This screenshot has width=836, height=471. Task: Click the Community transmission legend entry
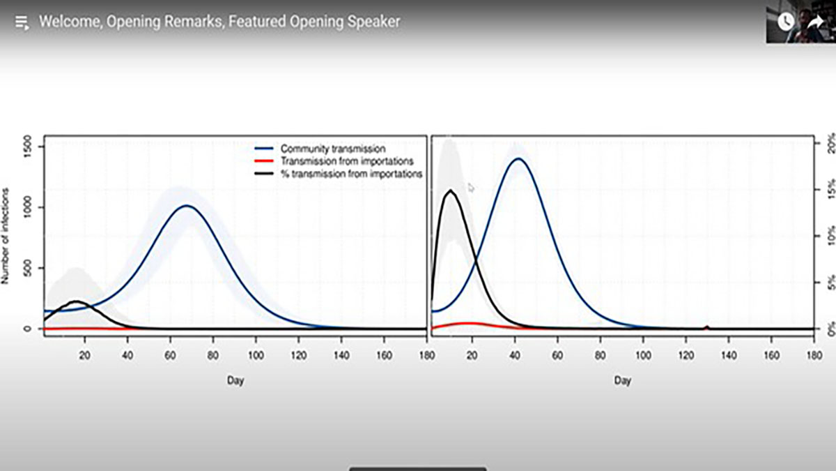(x=320, y=149)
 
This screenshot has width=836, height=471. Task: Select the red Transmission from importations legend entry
(x=334, y=161)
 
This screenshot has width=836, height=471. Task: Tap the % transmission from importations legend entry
(x=339, y=174)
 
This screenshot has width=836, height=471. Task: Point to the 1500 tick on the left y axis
(x=27, y=147)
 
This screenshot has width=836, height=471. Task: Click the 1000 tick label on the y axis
(x=27, y=207)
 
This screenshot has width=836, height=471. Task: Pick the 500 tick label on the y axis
(x=27, y=268)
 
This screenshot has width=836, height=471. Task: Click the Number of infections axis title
(x=5, y=236)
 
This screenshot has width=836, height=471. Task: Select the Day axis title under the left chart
(x=235, y=380)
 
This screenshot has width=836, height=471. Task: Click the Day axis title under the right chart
(x=623, y=380)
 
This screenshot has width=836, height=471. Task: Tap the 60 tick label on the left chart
(x=170, y=355)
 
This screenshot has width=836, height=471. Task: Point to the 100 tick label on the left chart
(x=256, y=355)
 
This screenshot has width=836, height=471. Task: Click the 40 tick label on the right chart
(x=515, y=355)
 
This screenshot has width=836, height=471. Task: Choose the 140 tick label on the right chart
(x=729, y=355)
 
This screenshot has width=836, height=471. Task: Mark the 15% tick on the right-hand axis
(x=830, y=190)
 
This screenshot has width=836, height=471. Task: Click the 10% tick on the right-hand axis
(x=830, y=236)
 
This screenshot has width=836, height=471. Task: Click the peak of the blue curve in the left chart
(x=187, y=206)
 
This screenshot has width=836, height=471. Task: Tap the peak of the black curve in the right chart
(x=451, y=191)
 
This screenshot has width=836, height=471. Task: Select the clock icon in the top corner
(x=786, y=22)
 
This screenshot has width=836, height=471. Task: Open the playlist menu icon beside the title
(x=22, y=22)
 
